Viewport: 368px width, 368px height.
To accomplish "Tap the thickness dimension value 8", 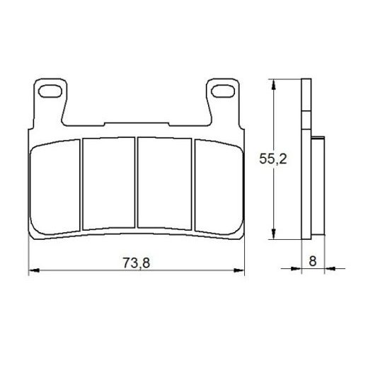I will click(312, 260).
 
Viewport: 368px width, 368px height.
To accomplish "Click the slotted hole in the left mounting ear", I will click(52, 91).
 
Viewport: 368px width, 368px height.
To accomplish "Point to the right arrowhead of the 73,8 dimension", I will click(245, 271).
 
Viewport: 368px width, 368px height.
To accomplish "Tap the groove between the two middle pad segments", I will click(137, 182).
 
